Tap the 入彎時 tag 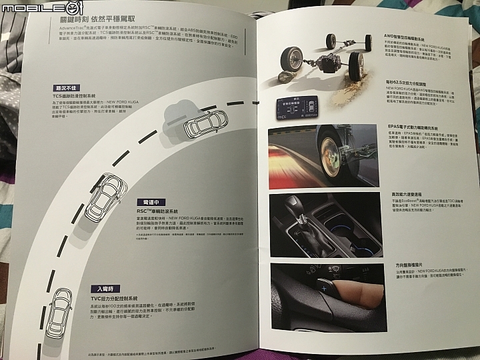click(106, 288)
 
